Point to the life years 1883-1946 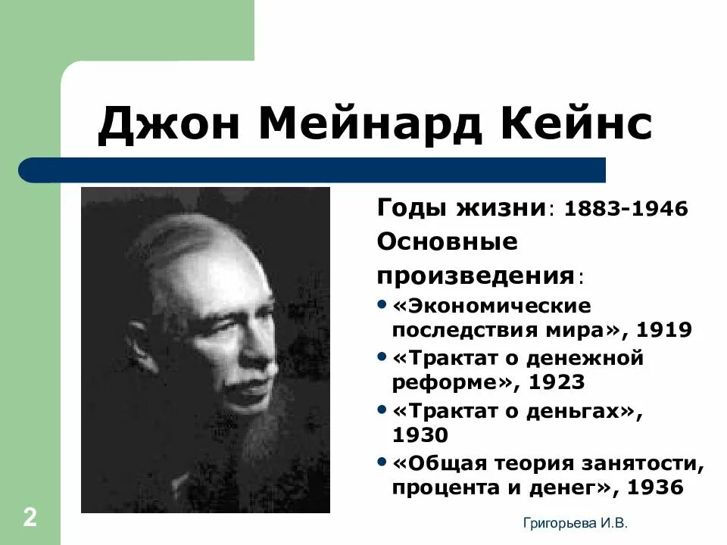point(626,209)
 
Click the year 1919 point(664,329)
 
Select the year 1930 point(420,435)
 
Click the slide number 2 point(30,519)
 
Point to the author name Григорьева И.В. point(576,522)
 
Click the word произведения point(476,274)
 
